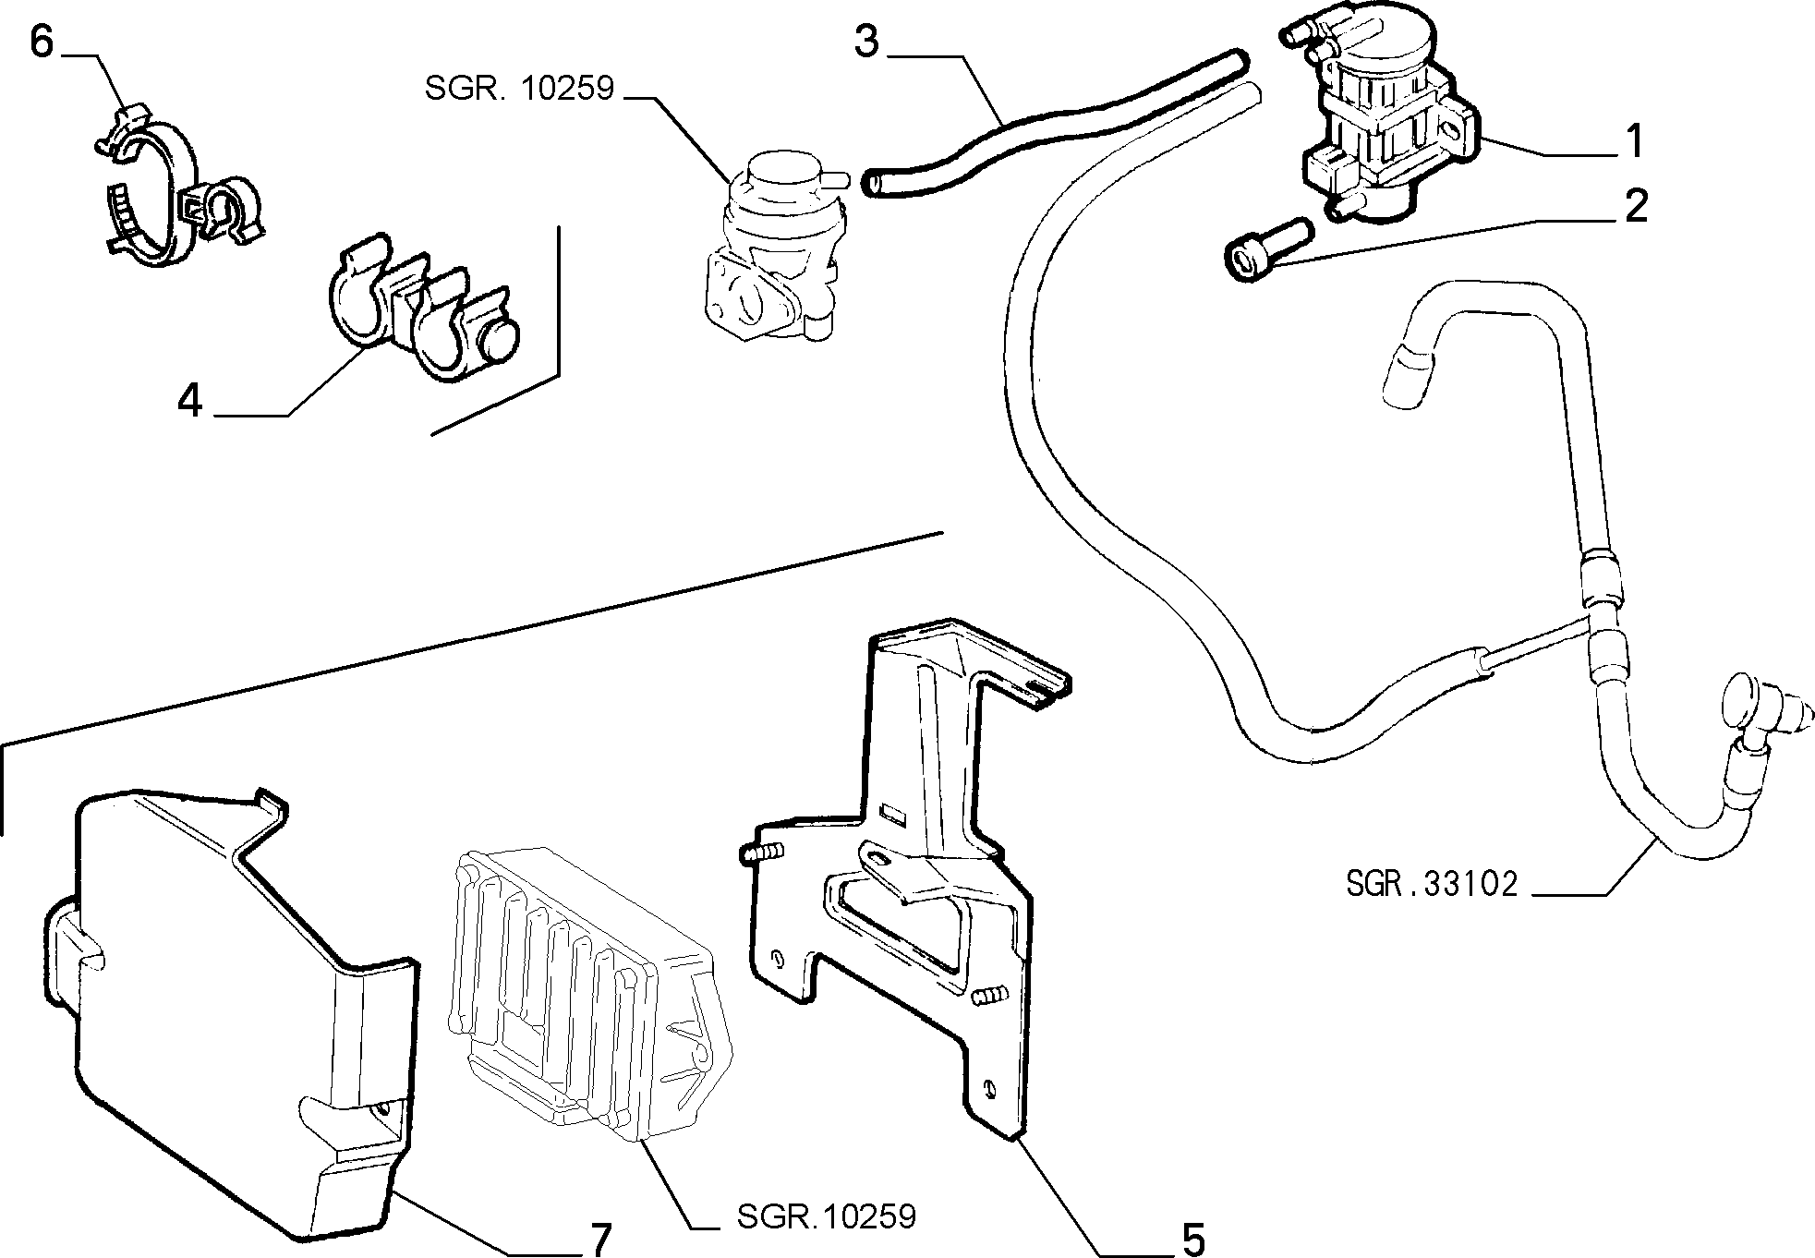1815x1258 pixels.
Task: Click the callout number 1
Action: [x=1635, y=142]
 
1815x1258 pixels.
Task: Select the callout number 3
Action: [x=866, y=42]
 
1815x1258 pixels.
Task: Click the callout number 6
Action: [x=42, y=42]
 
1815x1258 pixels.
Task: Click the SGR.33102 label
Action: [x=1432, y=884]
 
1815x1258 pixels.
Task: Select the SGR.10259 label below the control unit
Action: [x=826, y=1216]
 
